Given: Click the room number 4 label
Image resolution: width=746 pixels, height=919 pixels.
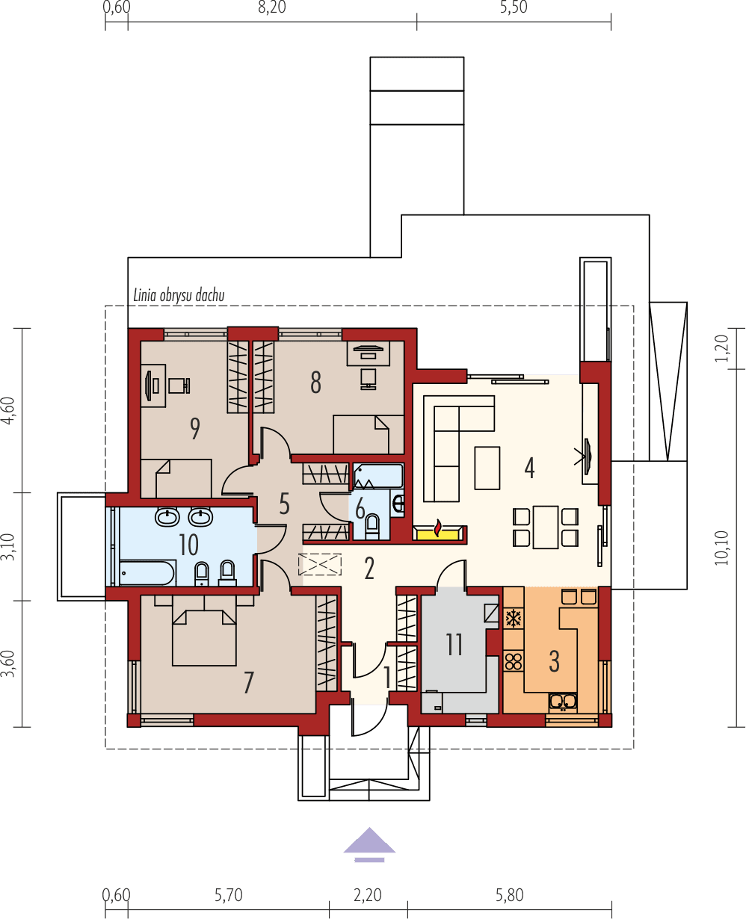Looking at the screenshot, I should (x=529, y=468).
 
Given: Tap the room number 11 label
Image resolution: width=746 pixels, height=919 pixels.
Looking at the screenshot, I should (x=454, y=644).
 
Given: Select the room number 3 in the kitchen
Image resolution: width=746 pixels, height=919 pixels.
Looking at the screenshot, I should (x=554, y=661).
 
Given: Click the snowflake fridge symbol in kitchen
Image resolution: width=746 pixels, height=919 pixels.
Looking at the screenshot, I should (x=514, y=619).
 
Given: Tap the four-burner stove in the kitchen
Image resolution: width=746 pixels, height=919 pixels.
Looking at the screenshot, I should (x=514, y=661).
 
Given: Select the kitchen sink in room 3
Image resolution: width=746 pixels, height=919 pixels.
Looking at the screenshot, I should (x=562, y=701).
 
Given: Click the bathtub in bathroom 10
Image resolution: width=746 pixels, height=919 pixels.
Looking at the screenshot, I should (x=148, y=573).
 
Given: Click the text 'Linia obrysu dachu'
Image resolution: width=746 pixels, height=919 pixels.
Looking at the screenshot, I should (x=179, y=295).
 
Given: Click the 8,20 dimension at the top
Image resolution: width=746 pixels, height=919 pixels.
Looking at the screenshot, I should (x=271, y=8).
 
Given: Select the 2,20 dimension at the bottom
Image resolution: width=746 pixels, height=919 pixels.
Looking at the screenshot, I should (x=367, y=894).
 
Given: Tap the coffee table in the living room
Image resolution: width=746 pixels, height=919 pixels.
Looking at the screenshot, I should (x=487, y=468).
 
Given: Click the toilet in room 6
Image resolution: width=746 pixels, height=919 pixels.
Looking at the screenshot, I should (x=372, y=527).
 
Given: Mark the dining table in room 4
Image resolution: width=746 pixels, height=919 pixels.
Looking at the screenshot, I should (x=546, y=527).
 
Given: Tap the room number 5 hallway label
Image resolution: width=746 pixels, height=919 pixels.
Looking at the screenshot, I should (x=284, y=504).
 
